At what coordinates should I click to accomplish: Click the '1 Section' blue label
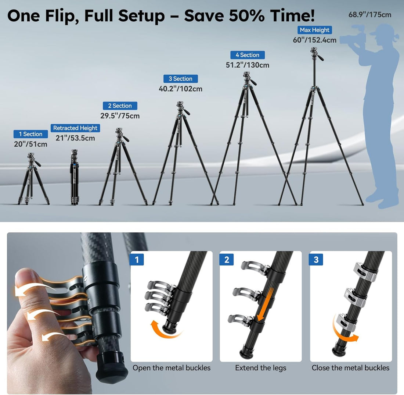30,134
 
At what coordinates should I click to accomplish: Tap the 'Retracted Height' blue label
75,128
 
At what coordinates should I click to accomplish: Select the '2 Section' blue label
120,106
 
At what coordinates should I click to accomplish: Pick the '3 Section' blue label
181,79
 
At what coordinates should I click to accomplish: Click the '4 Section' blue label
248,55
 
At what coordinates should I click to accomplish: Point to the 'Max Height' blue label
315,30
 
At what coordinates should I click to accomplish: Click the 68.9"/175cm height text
370,15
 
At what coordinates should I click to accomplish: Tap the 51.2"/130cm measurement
248,65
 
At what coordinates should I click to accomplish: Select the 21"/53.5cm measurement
75,138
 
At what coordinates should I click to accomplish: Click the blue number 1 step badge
137,260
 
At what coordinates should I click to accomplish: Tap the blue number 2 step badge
227,260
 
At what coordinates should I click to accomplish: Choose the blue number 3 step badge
316,260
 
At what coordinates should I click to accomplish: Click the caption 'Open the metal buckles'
172,368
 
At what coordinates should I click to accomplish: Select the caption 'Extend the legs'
261,368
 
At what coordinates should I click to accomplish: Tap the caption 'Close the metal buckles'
351,368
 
